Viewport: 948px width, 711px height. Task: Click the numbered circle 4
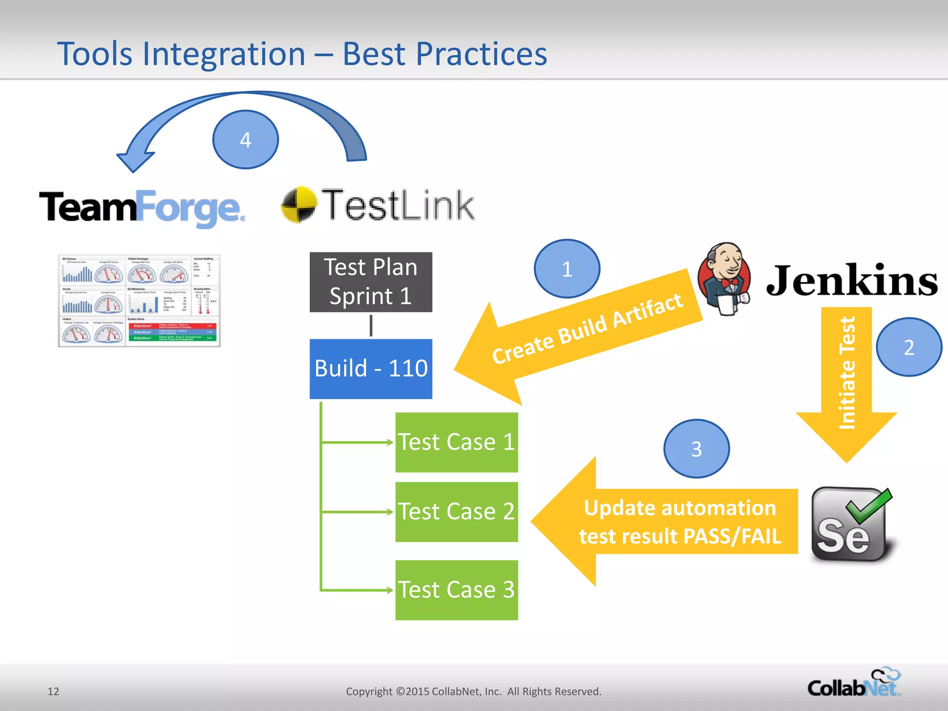(x=245, y=139)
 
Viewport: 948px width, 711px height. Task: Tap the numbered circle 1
(x=567, y=268)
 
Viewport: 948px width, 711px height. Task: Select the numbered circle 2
(x=909, y=347)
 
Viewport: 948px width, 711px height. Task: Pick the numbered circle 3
(x=696, y=449)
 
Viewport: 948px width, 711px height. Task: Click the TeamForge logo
(x=141, y=207)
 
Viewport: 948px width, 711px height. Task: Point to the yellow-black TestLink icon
(x=299, y=204)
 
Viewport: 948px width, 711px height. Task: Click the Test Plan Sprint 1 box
(x=371, y=282)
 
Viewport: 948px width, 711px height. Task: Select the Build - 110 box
(x=371, y=368)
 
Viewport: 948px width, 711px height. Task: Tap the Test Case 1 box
(x=456, y=442)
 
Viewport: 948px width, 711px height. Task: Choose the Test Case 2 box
(x=456, y=511)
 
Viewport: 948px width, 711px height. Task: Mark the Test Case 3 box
(x=456, y=590)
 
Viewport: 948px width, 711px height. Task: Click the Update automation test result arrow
(x=667, y=522)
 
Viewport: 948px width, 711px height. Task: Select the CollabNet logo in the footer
(x=854, y=684)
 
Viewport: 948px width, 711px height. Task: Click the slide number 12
(x=53, y=691)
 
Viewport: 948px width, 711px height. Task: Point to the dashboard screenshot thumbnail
(x=139, y=300)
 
